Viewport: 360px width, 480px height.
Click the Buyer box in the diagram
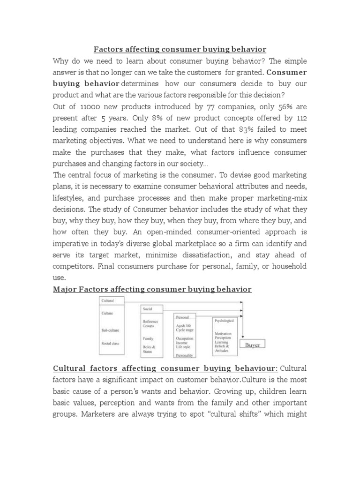coord(252,345)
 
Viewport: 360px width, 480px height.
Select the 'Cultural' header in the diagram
coord(107,301)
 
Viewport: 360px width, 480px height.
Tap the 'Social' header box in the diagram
coord(148,310)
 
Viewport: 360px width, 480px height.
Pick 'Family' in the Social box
coord(149,338)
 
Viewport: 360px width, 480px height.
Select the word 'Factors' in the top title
coord(109,49)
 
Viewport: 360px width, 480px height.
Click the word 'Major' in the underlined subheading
coord(64,289)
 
